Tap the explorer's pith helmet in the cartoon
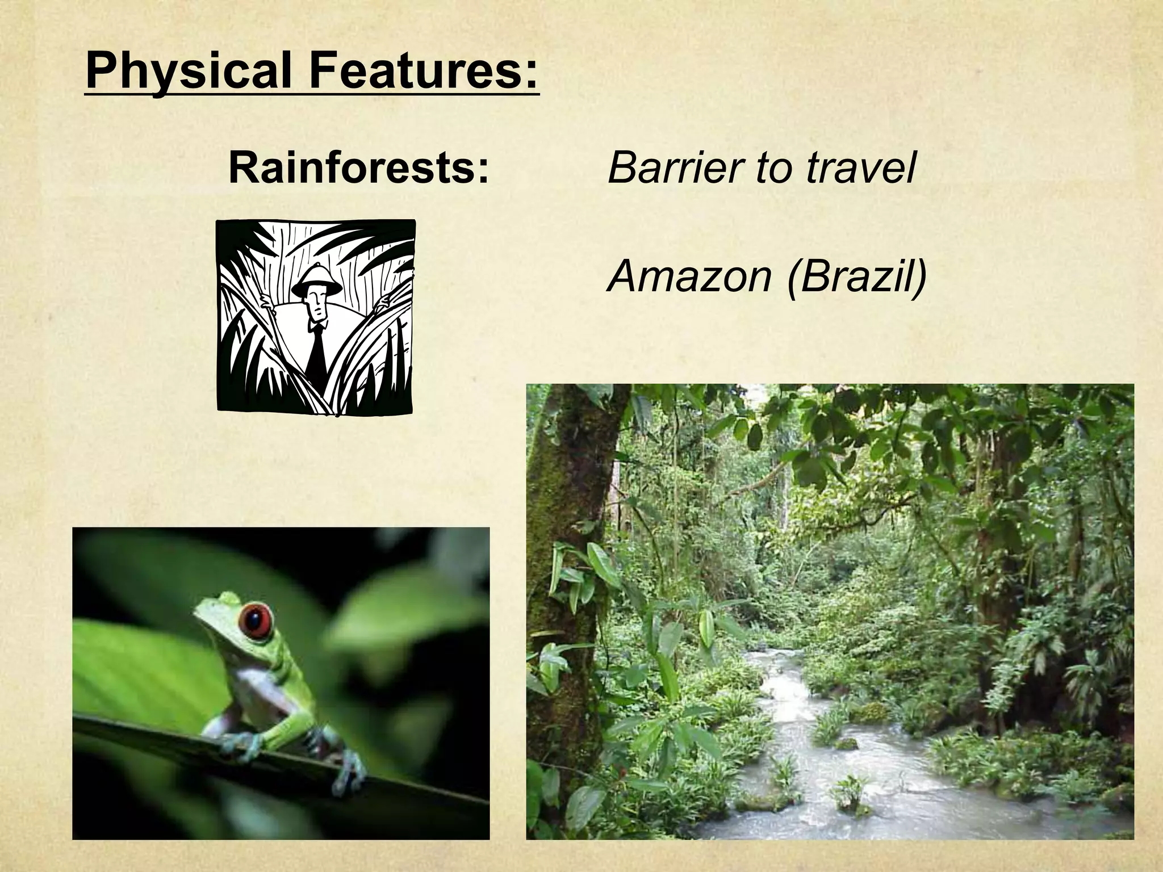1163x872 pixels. pos(317,280)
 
